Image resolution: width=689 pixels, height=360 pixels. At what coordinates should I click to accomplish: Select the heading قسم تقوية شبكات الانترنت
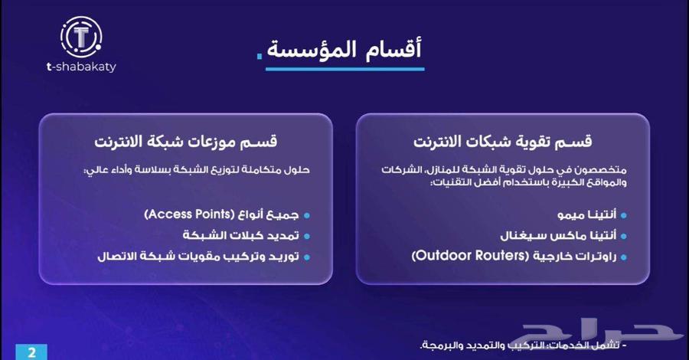pos(503,143)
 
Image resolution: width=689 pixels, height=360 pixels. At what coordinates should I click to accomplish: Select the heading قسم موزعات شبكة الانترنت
pos(186,143)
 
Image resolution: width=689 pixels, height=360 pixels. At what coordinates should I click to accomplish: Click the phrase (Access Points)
pos(189,216)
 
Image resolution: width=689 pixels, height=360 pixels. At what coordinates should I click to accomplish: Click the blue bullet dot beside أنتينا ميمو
pos(624,217)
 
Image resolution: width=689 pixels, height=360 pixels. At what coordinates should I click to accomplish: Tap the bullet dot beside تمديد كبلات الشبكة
pos(306,236)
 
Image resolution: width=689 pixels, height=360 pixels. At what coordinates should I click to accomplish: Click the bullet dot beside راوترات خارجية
pos(624,256)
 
